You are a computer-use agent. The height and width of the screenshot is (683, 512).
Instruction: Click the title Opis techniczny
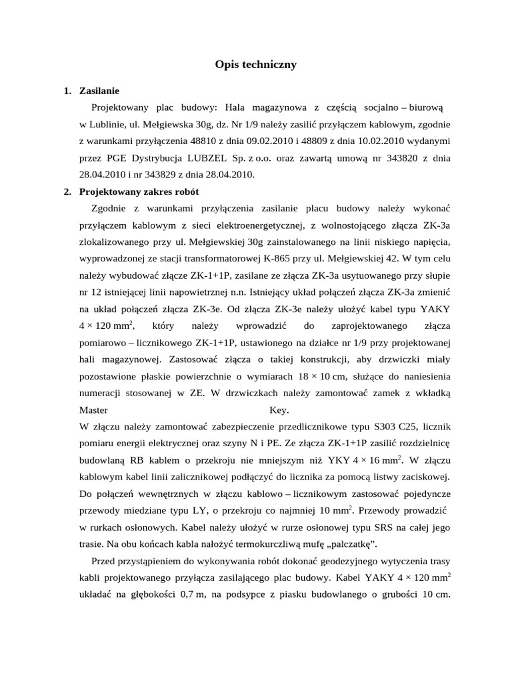tap(255, 65)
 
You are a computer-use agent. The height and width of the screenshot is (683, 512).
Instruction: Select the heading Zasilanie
tap(99, 91)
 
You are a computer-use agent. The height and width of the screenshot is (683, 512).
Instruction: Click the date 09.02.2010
tap(256, 141)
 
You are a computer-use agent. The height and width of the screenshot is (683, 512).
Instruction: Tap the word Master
tap(93, 410)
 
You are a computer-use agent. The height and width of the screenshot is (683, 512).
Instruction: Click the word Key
tap(279, 410)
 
